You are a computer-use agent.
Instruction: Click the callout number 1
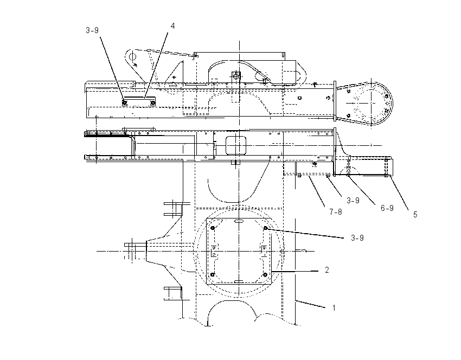334,308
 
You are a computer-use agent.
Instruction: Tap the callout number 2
327,270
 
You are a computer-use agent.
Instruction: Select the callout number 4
172,26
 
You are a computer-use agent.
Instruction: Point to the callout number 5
415,215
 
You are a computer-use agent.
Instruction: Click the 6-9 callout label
387,208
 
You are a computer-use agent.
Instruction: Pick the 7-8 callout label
336,211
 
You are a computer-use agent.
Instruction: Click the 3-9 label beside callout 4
92,30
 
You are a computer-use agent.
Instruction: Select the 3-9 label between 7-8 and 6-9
353,201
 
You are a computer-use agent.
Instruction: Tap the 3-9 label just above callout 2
357,238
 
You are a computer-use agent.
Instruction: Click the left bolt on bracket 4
125,103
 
